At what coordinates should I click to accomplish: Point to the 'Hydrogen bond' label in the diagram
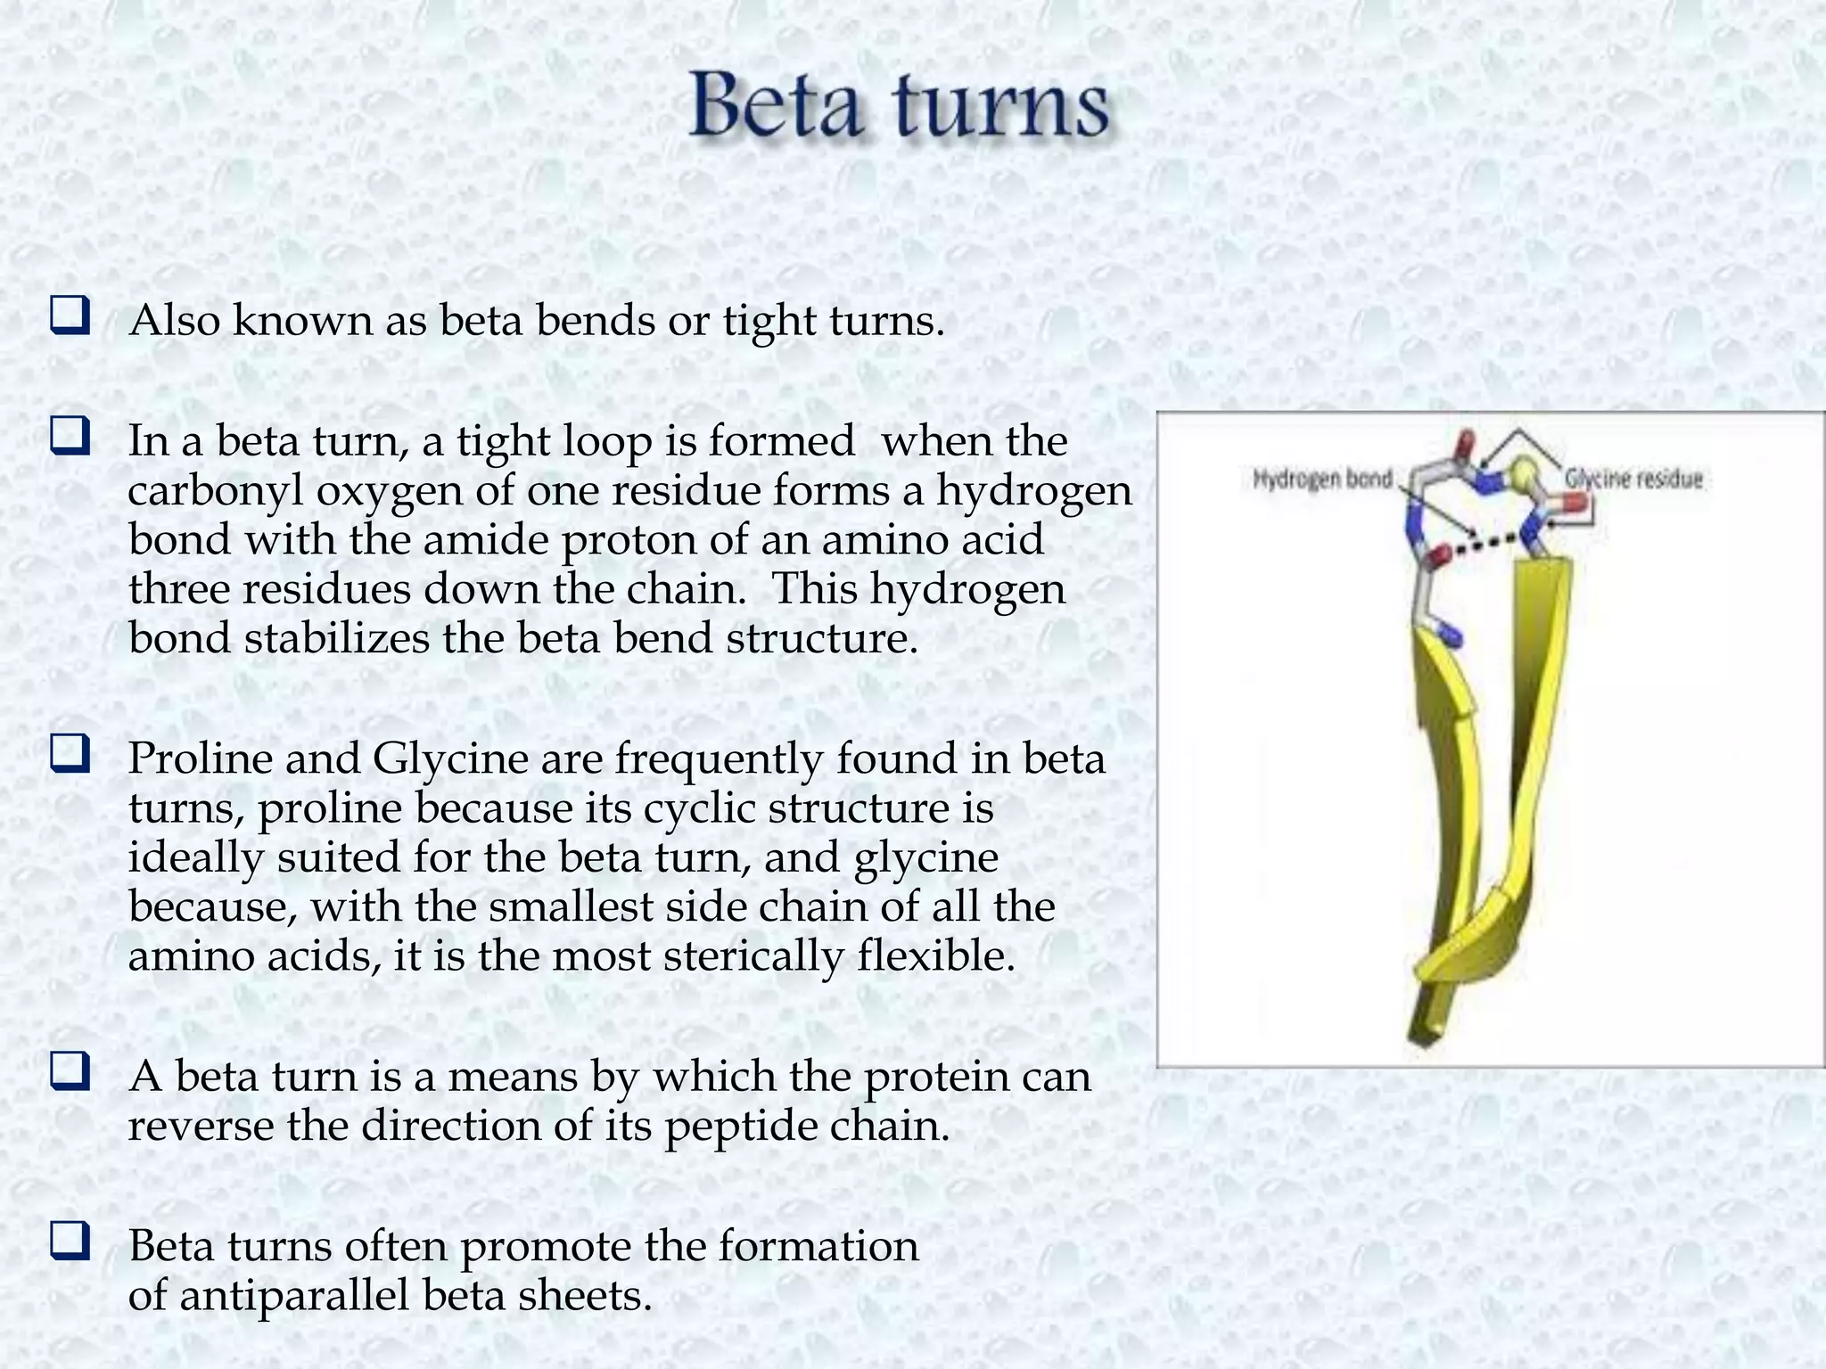coord(1322,480)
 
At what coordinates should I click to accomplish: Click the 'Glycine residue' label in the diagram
coord(1633,480)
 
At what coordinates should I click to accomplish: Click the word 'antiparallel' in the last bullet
coord(294,1295)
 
